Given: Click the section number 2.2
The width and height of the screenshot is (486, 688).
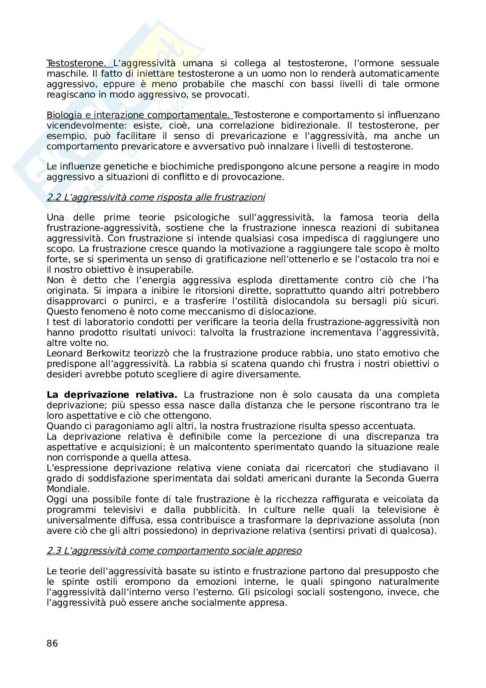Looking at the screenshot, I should (54, 198).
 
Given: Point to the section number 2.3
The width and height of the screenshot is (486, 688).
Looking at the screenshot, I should (54, 551).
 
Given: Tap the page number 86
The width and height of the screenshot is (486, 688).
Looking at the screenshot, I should (52, 644).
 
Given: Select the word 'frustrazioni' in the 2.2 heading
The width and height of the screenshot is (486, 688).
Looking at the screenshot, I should (240, 198).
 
